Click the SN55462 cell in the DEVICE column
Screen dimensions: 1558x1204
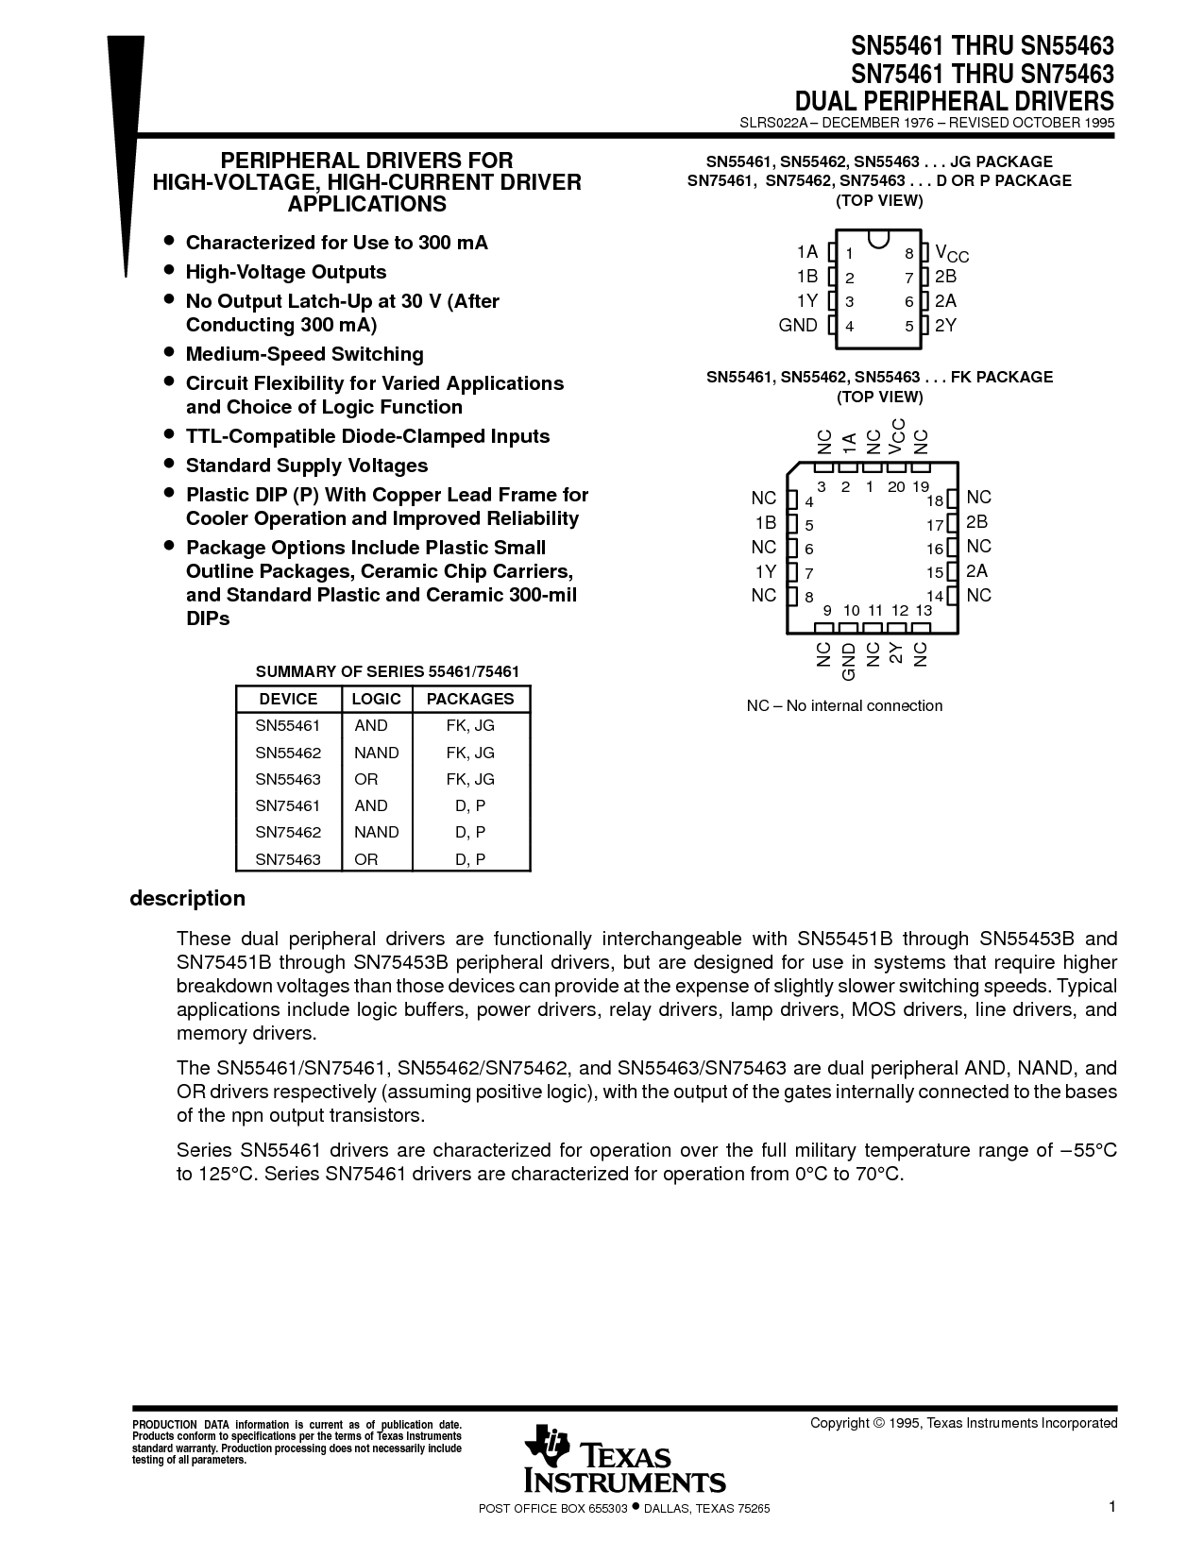coord(288,753)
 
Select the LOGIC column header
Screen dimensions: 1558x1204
coord(376,699)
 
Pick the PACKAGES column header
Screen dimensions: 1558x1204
coord(470,699)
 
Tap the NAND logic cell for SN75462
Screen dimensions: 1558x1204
coord(376,832)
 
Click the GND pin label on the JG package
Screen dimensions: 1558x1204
coord(798,325)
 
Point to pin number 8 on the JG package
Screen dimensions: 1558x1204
coord(909,253)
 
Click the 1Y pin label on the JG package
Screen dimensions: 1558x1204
coord(806,300)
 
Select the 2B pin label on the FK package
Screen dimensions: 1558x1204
coord(977,522)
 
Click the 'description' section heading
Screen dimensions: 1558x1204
coord(187,898)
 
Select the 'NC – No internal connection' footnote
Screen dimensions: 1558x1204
coord(844,705)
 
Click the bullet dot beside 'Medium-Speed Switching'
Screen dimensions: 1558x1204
coord(169,353)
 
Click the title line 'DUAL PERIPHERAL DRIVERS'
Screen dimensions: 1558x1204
coord(954,100)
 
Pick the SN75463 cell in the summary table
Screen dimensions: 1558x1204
coord(288,859)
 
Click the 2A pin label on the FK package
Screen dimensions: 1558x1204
coord(977,571)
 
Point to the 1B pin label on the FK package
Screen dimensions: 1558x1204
coord(765,522)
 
